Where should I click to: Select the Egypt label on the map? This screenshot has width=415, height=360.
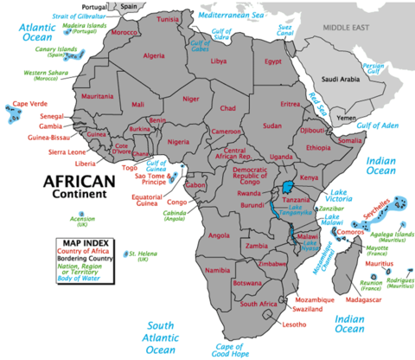pos(273,63)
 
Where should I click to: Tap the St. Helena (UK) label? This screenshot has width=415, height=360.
pos(138,256)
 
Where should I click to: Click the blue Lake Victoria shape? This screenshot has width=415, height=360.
pos(287,190)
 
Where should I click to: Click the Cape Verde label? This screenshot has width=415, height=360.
pos(28,105)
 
